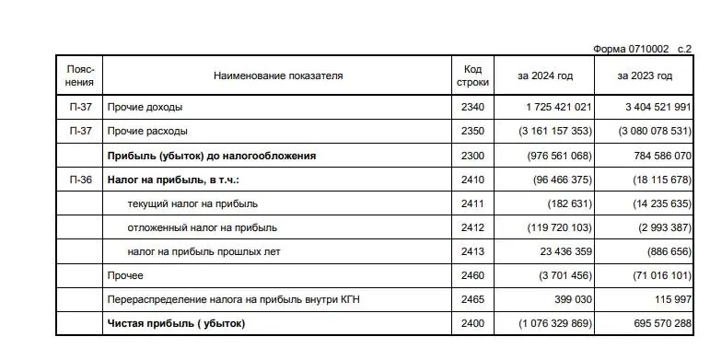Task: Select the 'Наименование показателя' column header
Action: pos(277,75)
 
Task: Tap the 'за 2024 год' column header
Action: pos(545,75)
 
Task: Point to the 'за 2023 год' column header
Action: pos(645,75)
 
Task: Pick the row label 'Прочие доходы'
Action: pos(144,108)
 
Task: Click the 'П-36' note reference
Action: pos(80,180)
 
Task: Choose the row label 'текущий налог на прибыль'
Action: pos(192,203)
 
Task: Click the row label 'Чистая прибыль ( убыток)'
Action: pos(176,324)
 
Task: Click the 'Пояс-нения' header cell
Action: pos(80,75)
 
